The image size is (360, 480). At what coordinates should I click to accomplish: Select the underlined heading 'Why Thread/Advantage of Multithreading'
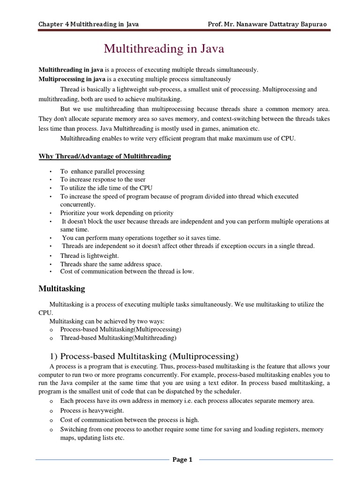click(105, 156)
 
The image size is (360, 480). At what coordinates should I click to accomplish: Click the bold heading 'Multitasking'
click(61, 289)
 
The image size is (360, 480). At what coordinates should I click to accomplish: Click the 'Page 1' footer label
click(182, 460)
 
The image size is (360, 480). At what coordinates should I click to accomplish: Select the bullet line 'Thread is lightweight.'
click(90, 255)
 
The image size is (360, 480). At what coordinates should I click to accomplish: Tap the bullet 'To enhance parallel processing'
click(102, 172)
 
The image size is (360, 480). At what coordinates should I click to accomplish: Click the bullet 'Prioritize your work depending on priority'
click(117, 213)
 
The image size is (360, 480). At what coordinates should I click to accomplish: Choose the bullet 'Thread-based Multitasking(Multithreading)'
click(118, 337)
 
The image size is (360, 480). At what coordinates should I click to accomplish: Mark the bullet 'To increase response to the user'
click(103, 180)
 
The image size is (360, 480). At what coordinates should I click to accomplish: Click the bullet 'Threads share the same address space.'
click(111, 264)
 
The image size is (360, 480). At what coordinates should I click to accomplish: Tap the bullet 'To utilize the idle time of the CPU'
click(107, 188)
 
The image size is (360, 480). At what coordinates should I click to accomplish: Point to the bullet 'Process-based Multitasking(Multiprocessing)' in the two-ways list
click(120, 330)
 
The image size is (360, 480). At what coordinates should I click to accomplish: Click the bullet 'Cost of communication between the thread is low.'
click(127, 271)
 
